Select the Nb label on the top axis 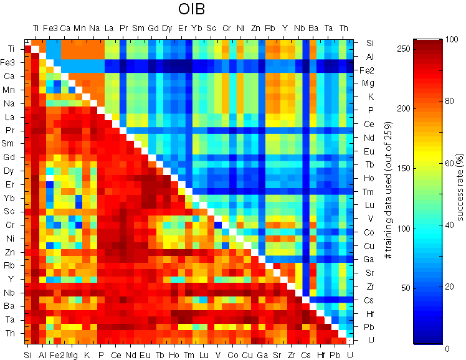pyautogui.click(x=299, y=28)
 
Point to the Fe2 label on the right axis pyautogui.click(x=368, y=70)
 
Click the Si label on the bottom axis pyautogui.click(x=27, y=354)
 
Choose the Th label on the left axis pyautogui.click(x=12, y=334)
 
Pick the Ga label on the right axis pyautogui.click(x=368, y=259)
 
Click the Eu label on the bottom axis pyautogui.click(x=145, y=354)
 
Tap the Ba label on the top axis pyautogui.click(x=313, y=28)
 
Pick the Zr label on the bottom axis pyautogui.click(x=291, y=354)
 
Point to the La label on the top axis pyautogui.click(x=108, y=28)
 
